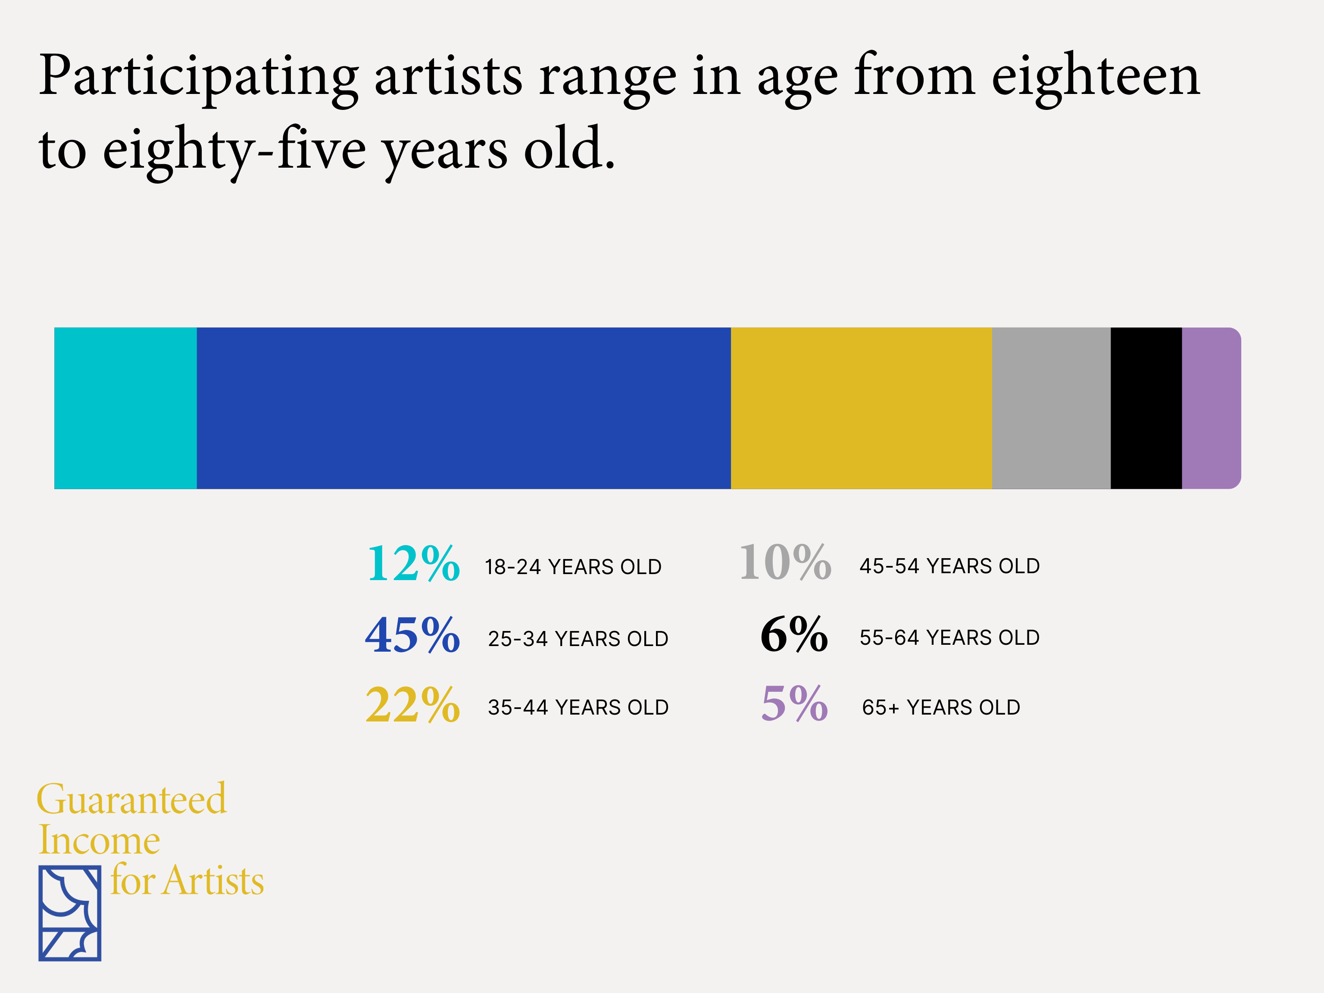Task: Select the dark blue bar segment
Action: (x=463, y=408)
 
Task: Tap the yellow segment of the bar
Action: (x=861, y=408)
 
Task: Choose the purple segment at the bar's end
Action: (x=1210, y=408)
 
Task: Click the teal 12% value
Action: (x=413, y=564)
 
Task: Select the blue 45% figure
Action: (x=412, y=635)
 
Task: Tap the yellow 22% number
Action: (x=412, y=705)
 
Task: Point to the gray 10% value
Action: (x=785, y=562)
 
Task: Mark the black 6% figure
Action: (x=794, y=634)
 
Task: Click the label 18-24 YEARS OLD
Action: (x=573, y=567)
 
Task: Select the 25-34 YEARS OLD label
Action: (x=578, y=639)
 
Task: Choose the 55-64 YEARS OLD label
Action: (x=949, y=637)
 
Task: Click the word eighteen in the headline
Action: (x=1095, y=77)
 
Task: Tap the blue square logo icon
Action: (x=69, y=913)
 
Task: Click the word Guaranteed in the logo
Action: (x=132, y=799)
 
